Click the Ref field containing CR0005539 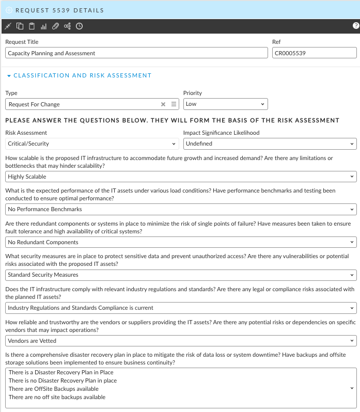coord(314,53)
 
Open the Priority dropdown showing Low coord(225,104)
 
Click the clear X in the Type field coord(163,104)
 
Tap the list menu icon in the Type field coord(174,104)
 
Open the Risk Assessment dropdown coord(91,144)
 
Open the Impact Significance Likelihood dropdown coord(270,144)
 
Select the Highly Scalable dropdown coord(181,177)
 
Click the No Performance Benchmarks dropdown coord(181,209)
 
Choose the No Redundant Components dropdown coord(181,242)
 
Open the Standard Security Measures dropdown coord(181,275)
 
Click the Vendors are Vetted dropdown coord(181,341)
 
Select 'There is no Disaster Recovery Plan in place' coord(62,381)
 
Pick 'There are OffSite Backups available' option coord(53,389)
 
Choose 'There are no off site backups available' coord(57,397)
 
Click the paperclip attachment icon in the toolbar coord(55,26)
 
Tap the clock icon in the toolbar coord(79,26)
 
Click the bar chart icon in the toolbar coord(43,26)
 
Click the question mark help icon coord(356,26)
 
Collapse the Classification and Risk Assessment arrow coord(9,76)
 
